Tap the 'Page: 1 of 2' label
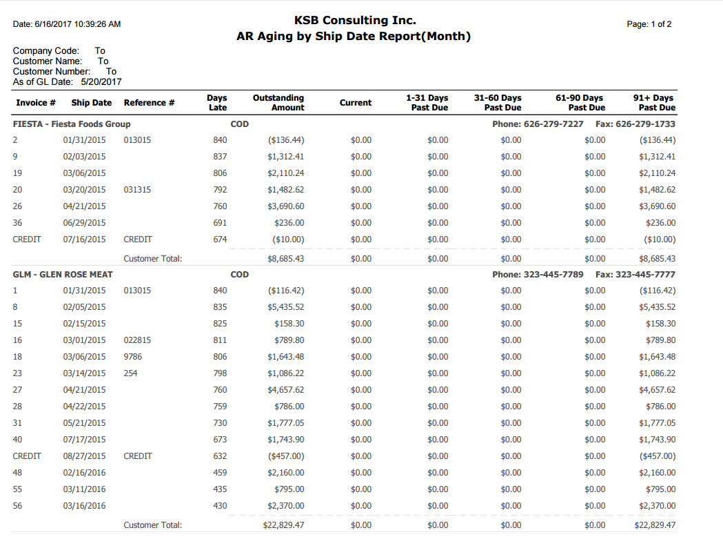tap(649, 24)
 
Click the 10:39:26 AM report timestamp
tap(91, 24)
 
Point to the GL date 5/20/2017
tap(101, 81)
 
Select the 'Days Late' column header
tap(217, 103)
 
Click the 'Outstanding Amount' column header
tap(278, 103)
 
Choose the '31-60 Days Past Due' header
tap(498, 103)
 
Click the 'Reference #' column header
tap(149, 103)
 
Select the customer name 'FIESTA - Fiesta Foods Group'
tap(72, 124)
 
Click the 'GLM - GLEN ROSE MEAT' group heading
tap(63, 274)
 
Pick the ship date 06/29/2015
tap(85, 223)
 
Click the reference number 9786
tap(133, 357)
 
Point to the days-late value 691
tap(220, 223)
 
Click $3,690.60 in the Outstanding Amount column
tap(286, 206)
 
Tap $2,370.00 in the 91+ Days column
tap(658, 506)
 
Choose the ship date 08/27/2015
tap(85, 456)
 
